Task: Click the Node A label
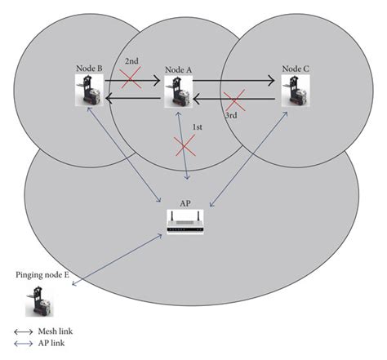coord(178,71)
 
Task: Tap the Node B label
coord(88,69)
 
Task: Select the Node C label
coord(296,69)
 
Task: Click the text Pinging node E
coord(42,274)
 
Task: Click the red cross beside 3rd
coord(235,103)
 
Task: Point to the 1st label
coord(198,128)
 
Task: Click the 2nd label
coord(131,61)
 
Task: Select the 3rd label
coord(231,116)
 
